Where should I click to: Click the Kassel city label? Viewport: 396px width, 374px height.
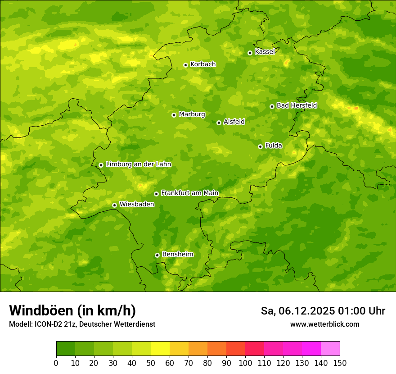point(265,52)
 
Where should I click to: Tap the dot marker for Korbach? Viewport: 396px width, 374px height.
point(185,65)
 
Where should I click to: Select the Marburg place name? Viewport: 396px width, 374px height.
point(192,114)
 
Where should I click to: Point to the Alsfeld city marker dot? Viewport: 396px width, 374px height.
point(219,123)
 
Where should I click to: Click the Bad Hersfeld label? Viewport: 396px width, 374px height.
point(297,105)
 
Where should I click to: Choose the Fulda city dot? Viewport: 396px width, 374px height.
point(260,146)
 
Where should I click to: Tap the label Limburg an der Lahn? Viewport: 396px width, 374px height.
point(138,164)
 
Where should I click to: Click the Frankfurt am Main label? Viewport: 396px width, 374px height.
point(189,193)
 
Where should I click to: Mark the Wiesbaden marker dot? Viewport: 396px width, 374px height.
point(114,205)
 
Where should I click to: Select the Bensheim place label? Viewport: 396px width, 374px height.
point(177,254)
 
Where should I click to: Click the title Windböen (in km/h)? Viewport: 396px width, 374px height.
point(72,310)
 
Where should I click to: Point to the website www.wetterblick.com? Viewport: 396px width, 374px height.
point(324,324)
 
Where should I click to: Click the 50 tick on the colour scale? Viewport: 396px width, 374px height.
point(151,363)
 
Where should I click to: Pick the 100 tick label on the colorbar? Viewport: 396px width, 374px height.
point(245,363)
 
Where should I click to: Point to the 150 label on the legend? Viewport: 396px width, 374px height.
point(340,363)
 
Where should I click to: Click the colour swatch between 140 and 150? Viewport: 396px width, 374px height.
point(330,349)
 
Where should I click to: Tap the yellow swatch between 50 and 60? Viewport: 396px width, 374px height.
point(160,349)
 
